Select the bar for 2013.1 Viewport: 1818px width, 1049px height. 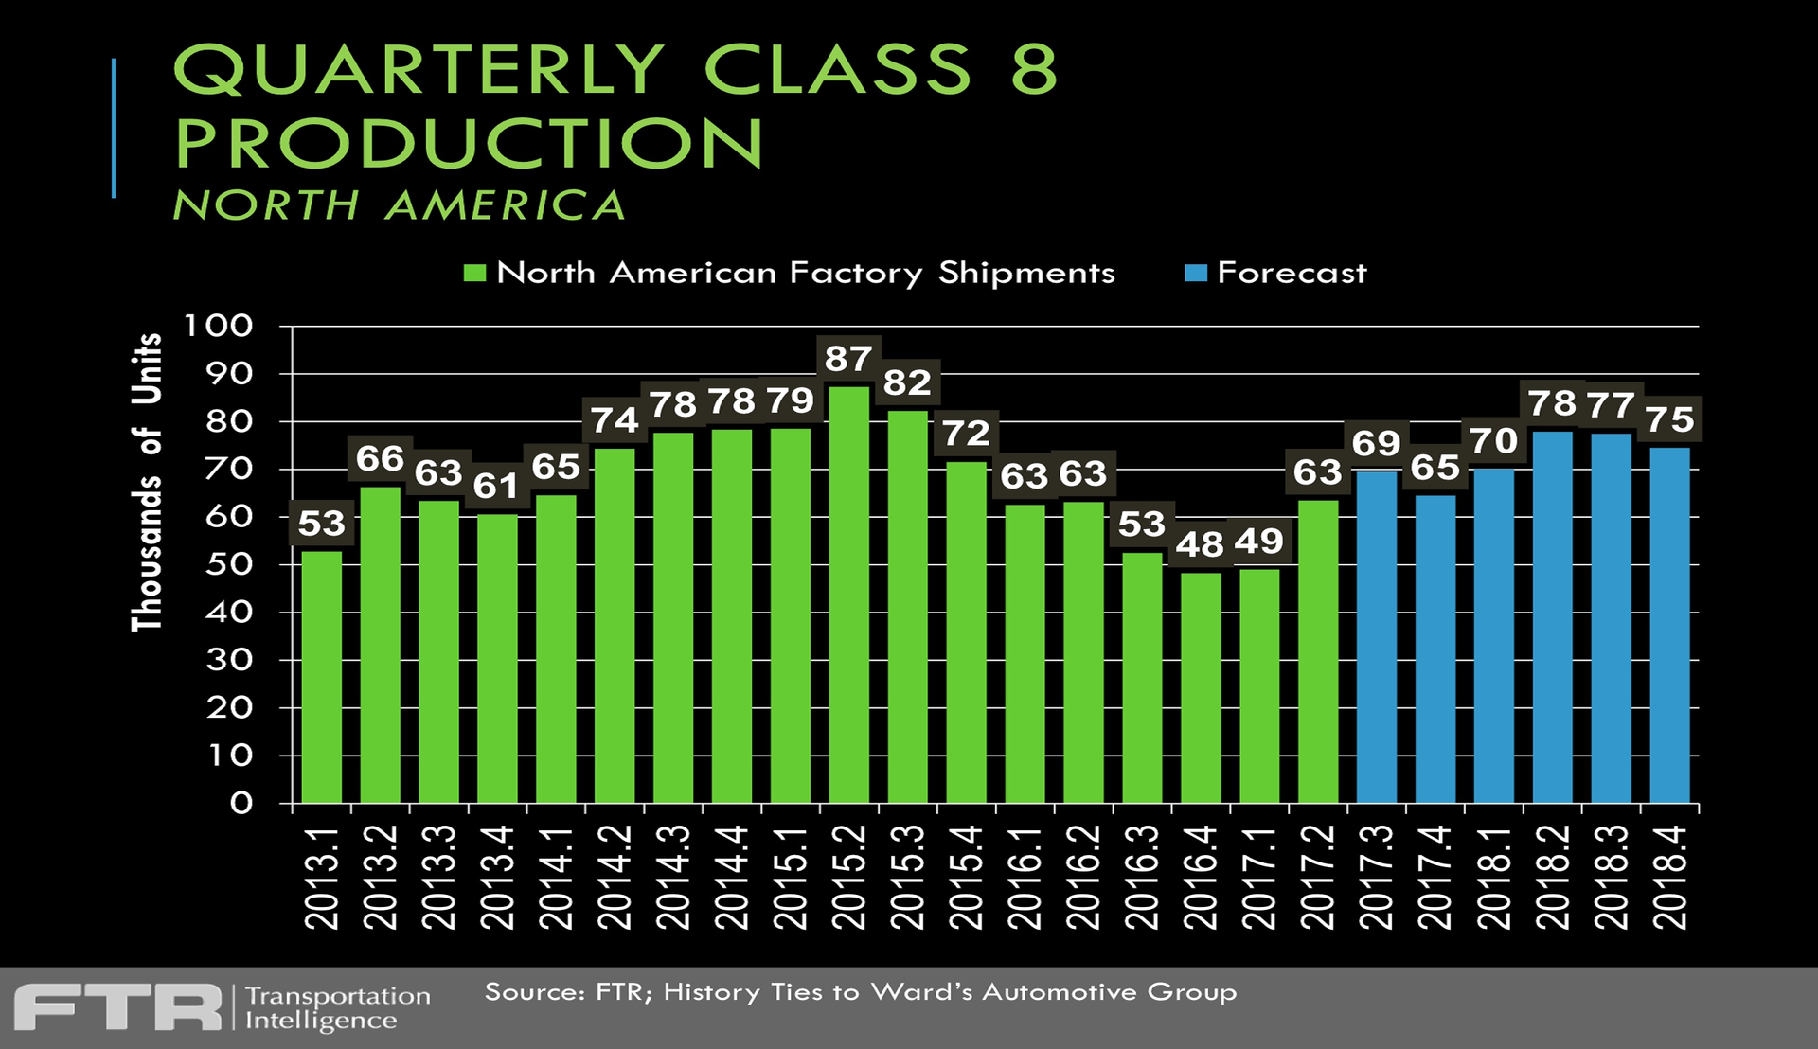pyautogui.click(x=321, y=677)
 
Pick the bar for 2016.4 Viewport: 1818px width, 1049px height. pyautogui.click(x=1201, y=687)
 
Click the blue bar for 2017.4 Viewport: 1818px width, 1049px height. pyautogui.click(x=1435, y=649)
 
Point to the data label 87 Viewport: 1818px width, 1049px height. pyautogui.click(x=848, y=359)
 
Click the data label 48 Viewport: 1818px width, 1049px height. pyautogui.click(x=1200, y=544)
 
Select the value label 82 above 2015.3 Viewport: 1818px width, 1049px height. pyautogui.click(x=907, y=382)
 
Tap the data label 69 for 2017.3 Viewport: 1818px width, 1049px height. pyautogui.click(x=1376, y=443)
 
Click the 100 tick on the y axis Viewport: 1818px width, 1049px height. pyautogui.click(x=219, y=326)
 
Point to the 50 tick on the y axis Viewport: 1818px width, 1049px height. pyautogui.click(x=230, y=564)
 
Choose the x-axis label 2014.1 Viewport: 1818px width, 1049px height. pyautogui.click(x=557, y=877)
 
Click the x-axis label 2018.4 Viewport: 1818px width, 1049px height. pyautogui.click(x=1670, y=877)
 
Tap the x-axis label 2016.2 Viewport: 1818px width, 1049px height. pyautogui.click(x=1083, y=877)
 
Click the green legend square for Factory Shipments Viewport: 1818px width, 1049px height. pyautogui.click(x=474, y=274)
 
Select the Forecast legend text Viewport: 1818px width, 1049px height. pyautogui.click(x=1292, y=274)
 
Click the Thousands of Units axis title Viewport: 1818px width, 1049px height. pyautogui.click(x=148, y=482)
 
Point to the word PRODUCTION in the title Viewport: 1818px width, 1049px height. pyautogui.click(x=469, y=144)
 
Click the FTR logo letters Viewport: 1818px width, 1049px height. pyautogui.click(x=118, y=1006)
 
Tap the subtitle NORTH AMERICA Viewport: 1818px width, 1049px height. pyautogui.click(x=400, y=205)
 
